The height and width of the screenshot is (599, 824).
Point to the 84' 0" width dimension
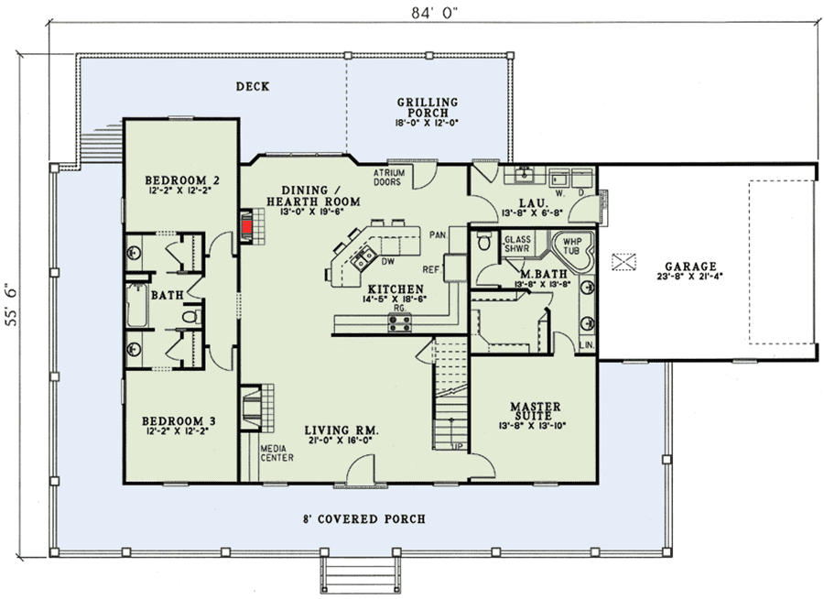tap(422, 13)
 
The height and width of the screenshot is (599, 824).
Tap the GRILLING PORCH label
tap(427, 106)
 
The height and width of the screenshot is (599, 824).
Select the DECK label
tap(251, 87)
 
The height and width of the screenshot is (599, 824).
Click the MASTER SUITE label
tap(535, 411)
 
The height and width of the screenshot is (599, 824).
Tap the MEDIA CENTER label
tap(276, 452)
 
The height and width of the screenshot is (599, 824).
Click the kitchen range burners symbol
tap(400, 322)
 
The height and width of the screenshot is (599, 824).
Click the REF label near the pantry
tap(432, 270)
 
